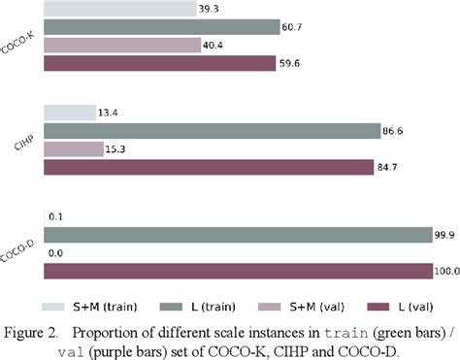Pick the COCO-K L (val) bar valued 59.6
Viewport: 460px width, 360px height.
coord(160,64)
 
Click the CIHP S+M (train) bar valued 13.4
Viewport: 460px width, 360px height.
coord(70,113)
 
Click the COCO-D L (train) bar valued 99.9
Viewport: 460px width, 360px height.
coord(238,234)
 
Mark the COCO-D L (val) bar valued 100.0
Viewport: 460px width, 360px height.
coord(238,271)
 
